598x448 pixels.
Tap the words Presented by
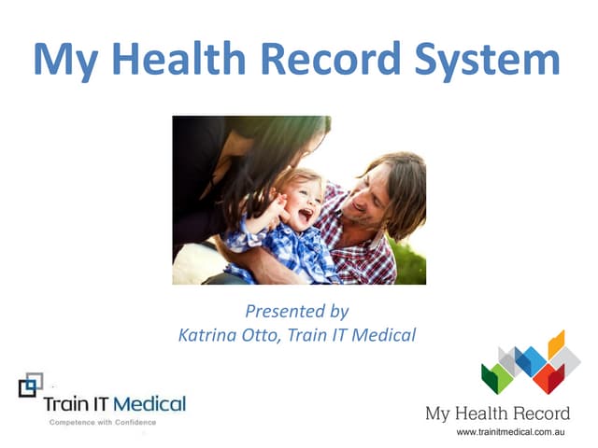click(297, 311)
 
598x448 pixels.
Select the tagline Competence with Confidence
click(104, 423)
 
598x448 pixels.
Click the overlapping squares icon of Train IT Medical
click(30, 384)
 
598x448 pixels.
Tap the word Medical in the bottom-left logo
click(151, 405)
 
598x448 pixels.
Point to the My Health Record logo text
click(497, 413)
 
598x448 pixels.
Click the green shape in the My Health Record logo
click(495, 378)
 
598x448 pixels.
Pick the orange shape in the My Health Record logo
click(557, 344)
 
